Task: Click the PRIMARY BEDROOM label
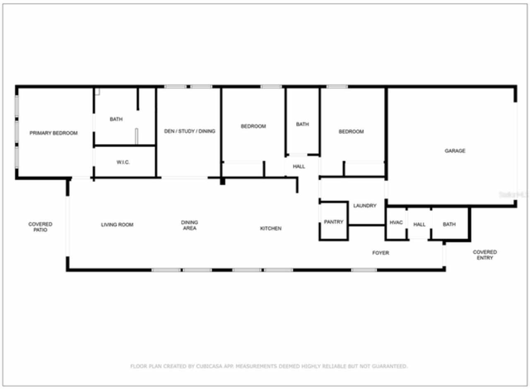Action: click(53, 133)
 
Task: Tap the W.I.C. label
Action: click(123, 162)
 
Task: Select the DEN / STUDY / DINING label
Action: click(190, 131)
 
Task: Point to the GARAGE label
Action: click(455, 151)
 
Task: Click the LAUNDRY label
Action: click(365, 206)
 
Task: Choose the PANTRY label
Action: click(333, 222)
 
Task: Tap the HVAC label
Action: click(396, 223)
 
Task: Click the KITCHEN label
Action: click(271, 229)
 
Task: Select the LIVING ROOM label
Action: click(117, 225)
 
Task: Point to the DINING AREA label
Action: click(190, 225)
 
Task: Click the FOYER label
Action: click(381, 253)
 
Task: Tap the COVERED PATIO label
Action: click(40, 227)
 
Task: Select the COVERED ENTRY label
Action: click(485, 255)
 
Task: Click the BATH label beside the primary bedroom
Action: click(116, 119)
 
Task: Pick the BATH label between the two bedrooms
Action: click(302, 124)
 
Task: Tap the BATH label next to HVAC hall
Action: click(449, 224)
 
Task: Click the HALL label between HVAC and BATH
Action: click(419, 224)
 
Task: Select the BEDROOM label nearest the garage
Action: click(351, 131)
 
